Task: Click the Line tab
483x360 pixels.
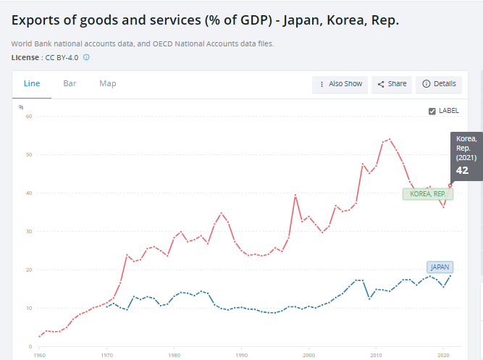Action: [32, 84]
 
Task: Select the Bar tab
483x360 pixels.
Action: [70, 84]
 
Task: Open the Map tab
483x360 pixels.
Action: [108, 84]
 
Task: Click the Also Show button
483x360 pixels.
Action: [340, 84]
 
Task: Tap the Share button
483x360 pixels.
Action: [392, 84]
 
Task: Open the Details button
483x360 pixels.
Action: [439, 84]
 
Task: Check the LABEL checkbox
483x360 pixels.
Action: [432, 111]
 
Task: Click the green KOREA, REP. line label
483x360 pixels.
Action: [427, 194]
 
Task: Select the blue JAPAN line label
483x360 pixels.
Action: [440, 267]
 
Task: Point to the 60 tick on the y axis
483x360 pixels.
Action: [30, 116]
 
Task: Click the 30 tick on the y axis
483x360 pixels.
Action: [30, 231]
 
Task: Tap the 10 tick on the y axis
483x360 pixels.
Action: [30, 308]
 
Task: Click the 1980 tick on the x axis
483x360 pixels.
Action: [174, 356]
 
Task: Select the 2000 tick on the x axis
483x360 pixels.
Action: [309, 356]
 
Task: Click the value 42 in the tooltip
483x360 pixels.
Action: [462, 171]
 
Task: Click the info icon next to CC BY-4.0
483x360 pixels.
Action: [86, 56]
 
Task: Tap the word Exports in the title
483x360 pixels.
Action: [36, 20]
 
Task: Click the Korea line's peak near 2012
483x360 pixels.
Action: [390, 139]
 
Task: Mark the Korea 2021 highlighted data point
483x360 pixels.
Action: [450, 185]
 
